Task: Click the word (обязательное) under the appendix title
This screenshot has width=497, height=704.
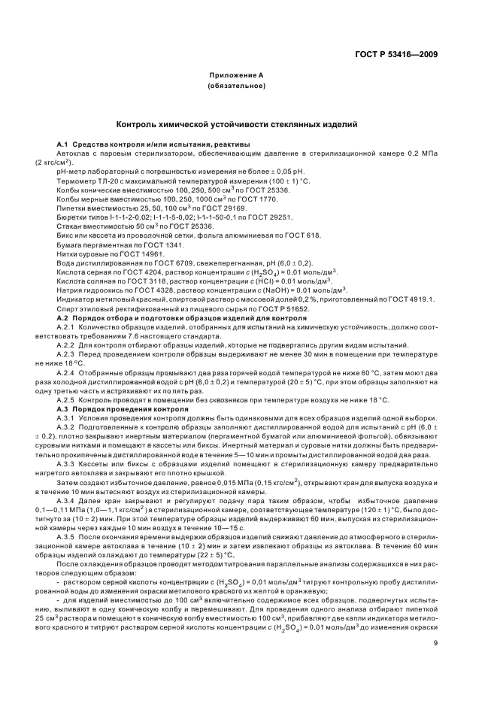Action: click(x=236, y=86)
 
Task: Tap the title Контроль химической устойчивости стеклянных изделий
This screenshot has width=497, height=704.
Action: click(x=236, y=123)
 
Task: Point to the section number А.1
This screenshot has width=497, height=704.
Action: click(x=63, y=144)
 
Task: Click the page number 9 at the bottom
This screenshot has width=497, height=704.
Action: click(x=435, y=621)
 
